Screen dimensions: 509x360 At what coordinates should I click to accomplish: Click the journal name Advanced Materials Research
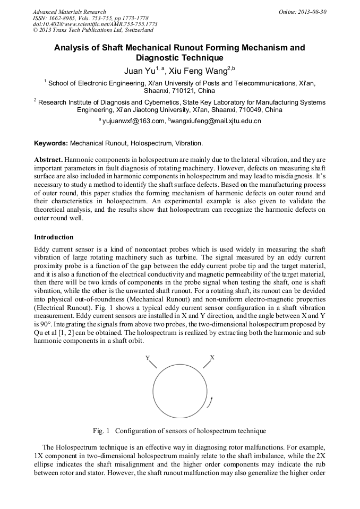[69, 12]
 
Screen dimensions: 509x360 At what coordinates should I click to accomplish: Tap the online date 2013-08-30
[311, 12]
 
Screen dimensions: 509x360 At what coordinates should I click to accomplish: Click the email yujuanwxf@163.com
[134, 122]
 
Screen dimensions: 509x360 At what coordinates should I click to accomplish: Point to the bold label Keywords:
[51, 143]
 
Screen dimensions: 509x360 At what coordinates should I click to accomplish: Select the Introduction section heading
[54, 237]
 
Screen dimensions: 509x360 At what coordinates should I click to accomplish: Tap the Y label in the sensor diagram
[148, 358]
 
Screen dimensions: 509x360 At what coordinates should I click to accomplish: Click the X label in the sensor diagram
[212, 358]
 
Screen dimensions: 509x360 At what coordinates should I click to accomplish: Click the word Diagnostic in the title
[159, 58]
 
